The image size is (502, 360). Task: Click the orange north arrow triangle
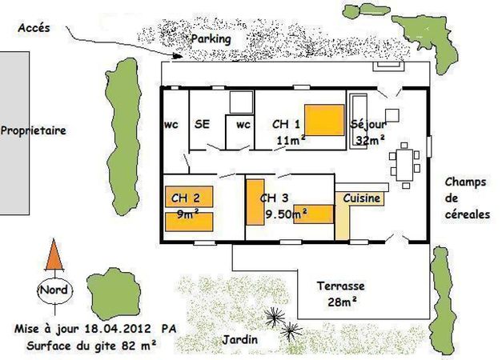pos(54,255)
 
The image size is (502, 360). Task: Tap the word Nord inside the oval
pos(54,290)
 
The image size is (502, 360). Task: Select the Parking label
pos(211,39)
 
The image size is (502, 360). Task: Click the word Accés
pos(34,28)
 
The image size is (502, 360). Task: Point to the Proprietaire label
pos(34,130)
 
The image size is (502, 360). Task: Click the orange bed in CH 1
pos(324,120)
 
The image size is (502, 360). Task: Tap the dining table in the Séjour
pos(404,165)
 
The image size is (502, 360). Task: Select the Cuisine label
pos(361,198)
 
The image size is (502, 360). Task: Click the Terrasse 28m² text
pos(341,294)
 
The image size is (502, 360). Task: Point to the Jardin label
pos(240,339)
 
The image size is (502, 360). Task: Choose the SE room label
pos(202,124)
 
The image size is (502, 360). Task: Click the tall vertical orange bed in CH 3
pos(255,202)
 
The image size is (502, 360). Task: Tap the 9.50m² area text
pos(287,214)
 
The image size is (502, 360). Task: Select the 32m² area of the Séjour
pos(370,139)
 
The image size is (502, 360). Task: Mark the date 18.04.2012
pos(118,329)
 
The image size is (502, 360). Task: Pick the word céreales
pos(468,214)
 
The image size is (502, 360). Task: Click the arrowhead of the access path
pos(177,56)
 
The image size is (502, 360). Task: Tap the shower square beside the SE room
pos(242,102)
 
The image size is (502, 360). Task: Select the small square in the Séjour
pos(392,115)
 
